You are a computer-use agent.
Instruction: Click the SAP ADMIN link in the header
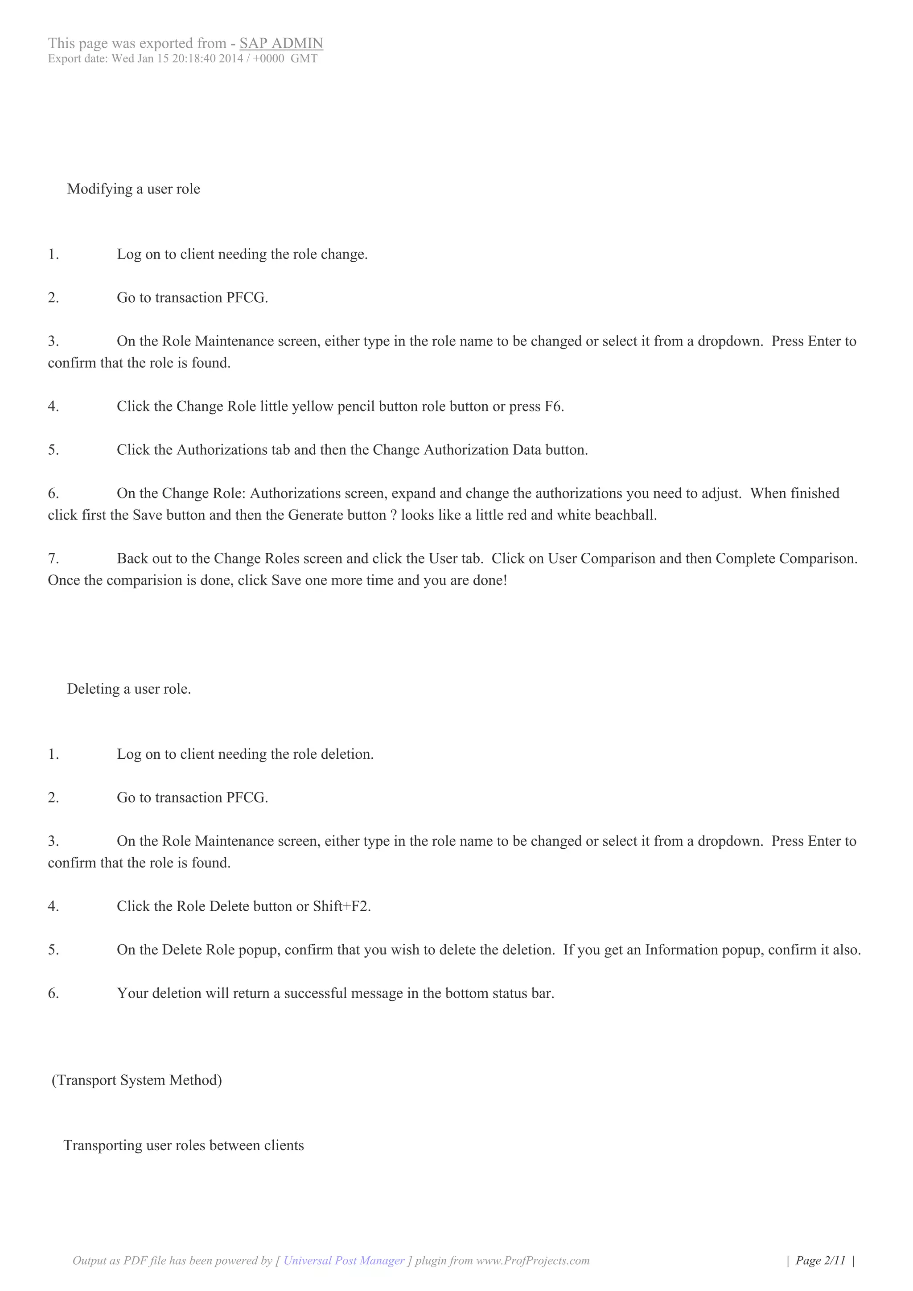281,43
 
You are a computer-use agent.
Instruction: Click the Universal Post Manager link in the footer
344,1260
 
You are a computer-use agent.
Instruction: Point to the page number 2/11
820,1260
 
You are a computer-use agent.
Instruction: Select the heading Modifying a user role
133,189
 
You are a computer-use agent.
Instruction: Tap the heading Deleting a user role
129,689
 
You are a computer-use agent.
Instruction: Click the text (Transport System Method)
136,1080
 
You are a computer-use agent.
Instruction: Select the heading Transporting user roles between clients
183,1145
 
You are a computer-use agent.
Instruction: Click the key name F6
553,407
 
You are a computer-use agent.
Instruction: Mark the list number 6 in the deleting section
53,994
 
